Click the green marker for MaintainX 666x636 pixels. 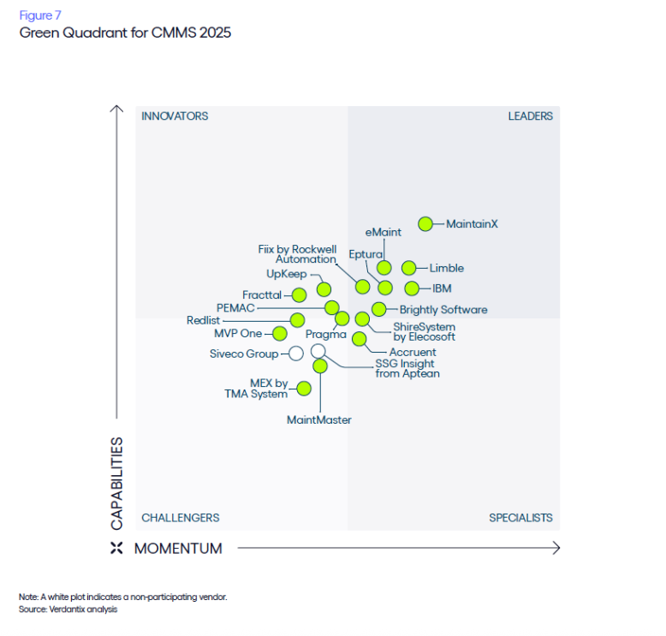click(x=425, y=224)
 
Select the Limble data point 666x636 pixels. click(x=409, y=268)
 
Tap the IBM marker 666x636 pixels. click(x=412, y=288)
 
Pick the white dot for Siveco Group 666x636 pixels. click(x=296, y=353)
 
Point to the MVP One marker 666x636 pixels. click(x=279, y=333)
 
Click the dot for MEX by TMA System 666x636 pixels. click(x=303, y=388)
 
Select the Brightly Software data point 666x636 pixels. click(x=378, y=309)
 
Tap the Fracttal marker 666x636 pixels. click(x=299, y=294)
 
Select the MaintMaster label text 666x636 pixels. click(x=319, y=419)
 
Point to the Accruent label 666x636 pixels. click(x=413, y=352)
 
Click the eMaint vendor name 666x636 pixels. click(x=383, y=232)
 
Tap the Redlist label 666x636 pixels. click(x=203, y=320)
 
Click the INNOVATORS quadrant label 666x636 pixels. click(x=175, y=116)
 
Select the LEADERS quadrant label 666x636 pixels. click(x=531, y=116)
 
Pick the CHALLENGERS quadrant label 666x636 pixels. click(x=180, y=517)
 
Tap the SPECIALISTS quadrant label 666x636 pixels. click(x=520, y=517)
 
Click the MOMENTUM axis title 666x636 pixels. click(x=178, y=549)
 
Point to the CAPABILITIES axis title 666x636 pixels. click(x=117, y=483)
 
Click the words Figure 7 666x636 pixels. click(x=40, y=15)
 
